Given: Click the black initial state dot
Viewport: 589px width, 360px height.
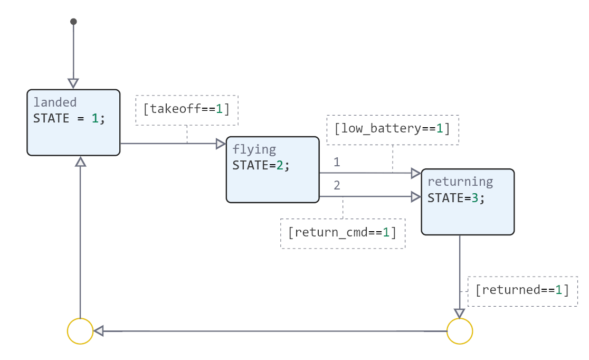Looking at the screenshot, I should [x=73, y=22].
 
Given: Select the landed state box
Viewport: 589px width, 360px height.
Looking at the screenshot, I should [x=73, y=135].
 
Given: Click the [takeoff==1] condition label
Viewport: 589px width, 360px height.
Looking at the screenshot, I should [x=187, y=110].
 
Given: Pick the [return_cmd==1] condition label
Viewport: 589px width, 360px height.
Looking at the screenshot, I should [x=342, y=233].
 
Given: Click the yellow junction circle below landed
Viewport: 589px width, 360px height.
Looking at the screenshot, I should [x=80, y=331].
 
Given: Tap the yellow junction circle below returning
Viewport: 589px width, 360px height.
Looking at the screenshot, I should [x=460, y=331].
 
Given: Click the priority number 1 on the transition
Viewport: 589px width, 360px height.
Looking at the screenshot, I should [x=337, y=162].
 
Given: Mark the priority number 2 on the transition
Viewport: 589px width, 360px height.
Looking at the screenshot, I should [x=337, y=185].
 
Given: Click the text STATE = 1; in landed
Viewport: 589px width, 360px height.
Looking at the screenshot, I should [x=69, y=119].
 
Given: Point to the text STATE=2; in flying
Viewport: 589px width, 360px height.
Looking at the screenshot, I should [x=261, y=165].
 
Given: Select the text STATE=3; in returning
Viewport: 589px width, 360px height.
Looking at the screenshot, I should [x=456, y=198].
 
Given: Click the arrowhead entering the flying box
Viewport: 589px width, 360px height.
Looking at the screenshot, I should [x=221, y=144].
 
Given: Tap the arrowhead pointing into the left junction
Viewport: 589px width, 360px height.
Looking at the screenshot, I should [x=99, y=331].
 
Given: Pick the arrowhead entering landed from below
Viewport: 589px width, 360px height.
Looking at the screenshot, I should [x=80, y=162].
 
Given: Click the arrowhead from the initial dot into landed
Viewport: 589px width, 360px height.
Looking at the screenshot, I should [x=73, y=83].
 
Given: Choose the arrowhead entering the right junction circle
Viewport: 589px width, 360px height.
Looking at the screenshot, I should [x=460, y=314].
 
